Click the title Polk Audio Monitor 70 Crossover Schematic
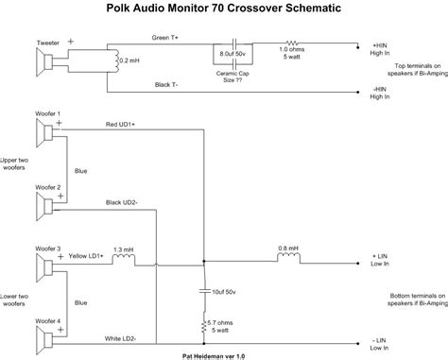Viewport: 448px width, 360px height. coord(223,9)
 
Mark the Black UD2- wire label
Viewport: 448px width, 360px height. coord(123,203)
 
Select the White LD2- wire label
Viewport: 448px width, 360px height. coord(123,337)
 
